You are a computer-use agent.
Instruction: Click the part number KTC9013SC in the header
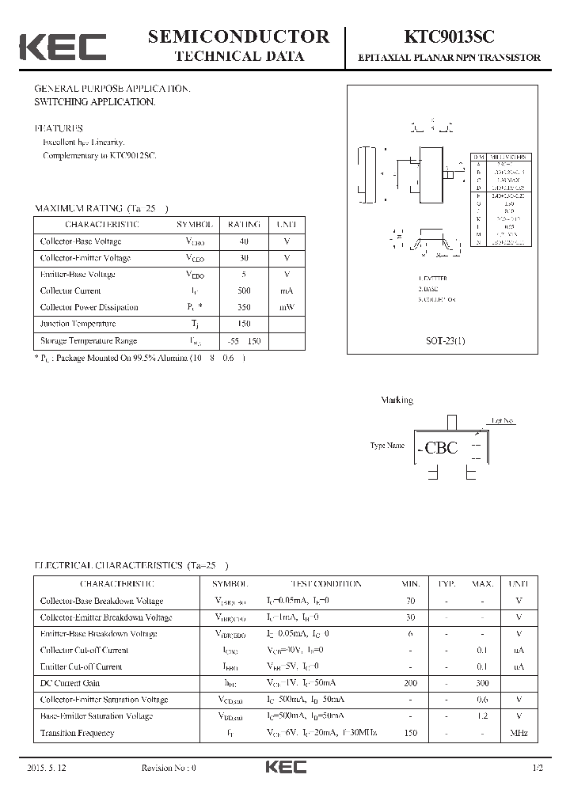pos(450,36)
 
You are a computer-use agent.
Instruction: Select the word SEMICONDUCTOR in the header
pos(238,36)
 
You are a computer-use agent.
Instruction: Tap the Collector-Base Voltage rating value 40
pos(244,241)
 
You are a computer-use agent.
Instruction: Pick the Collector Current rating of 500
pos(244,290)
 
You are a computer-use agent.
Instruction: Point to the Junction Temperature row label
pos(78,324)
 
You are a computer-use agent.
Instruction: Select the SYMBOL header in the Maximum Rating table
pos(194,225)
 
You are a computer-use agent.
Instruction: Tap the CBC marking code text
pos(441,448)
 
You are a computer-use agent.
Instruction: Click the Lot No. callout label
pos(503,421)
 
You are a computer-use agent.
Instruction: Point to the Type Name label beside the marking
pos(387,446)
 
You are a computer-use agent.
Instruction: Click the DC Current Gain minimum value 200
pos(410,683)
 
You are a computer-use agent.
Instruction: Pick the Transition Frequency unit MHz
pos(519,733)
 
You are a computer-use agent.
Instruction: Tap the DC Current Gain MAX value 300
pos(482,683)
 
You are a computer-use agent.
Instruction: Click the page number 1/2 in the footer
pos(538,769)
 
